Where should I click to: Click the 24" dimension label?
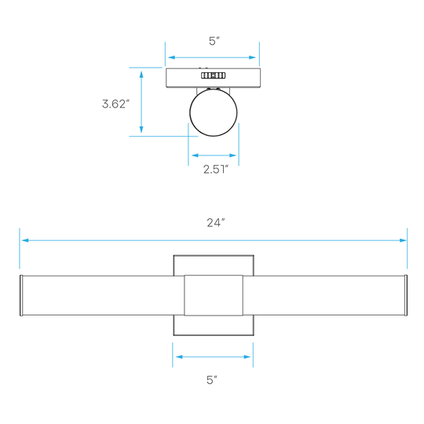point(216,223)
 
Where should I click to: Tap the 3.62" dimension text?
point(115,104)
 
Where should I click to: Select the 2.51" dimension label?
point(216,170)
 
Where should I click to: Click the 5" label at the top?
point(214,41)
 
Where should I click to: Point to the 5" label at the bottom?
point(212,380)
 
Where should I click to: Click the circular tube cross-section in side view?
point(214,112)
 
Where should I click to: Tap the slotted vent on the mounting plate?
point(213,75)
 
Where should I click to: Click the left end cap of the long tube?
point(21,295)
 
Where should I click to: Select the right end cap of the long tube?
point(406,295)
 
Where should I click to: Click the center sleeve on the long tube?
point(214,295)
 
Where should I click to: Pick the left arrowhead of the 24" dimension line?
point(25,240)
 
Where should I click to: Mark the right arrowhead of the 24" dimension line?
point(403,240)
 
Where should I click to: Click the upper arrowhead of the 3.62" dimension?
point(141,75)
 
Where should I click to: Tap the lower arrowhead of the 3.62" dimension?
point(141,130)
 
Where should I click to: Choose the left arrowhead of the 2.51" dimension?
point(195,155)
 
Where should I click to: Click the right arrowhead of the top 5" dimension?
point(252,57)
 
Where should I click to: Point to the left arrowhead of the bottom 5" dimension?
point(179,356)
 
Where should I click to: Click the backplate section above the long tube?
point(214,265)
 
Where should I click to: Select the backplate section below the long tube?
point(214,325)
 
